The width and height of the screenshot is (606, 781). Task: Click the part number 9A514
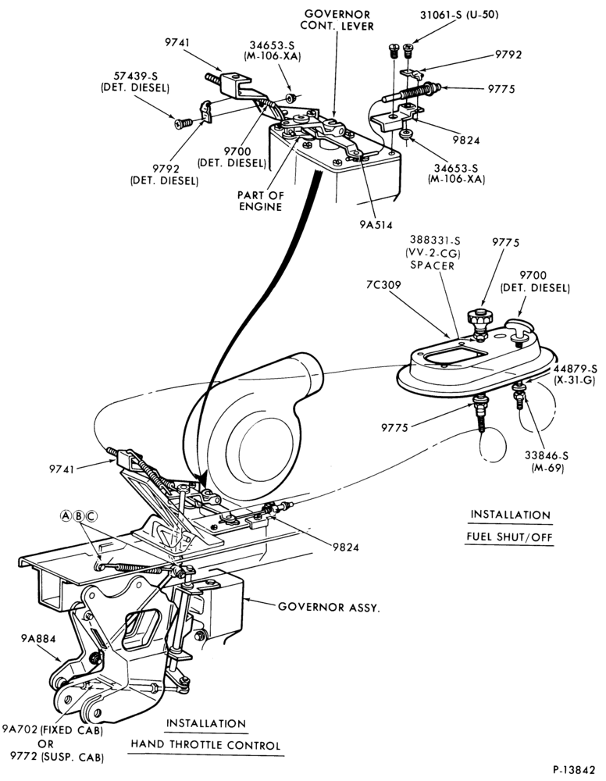pos(376,225)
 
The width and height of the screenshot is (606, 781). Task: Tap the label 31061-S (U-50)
pos(459,15)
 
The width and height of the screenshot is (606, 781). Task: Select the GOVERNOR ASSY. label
pos(329,607)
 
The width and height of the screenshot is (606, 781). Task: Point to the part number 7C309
pos(383,285)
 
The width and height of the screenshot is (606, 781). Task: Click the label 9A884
pos(38,638)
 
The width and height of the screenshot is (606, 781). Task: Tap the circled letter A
pos(66,516)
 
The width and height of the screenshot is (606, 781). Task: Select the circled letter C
pos(91,516)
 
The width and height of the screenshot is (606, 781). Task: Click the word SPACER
pos(432,266)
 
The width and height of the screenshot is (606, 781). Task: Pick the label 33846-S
pos(547,456)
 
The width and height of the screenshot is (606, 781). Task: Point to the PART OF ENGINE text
pos(260,201)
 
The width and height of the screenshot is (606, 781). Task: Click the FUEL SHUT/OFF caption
pos(509,537)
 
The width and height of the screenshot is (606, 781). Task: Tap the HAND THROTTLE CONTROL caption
pos(205,745)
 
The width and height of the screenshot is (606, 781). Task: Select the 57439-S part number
pos(135,77)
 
